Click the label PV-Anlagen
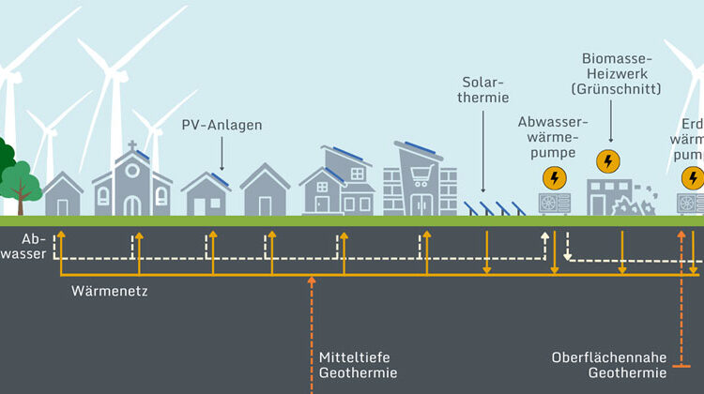point(222,124)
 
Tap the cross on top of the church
point(132,146)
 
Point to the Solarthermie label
point(485,88)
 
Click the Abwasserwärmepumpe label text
point(553,137)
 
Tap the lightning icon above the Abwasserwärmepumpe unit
point(554,177)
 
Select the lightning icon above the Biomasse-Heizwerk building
point(607,160)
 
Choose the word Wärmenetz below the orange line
point(110,292)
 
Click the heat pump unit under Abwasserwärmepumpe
point(553,203)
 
